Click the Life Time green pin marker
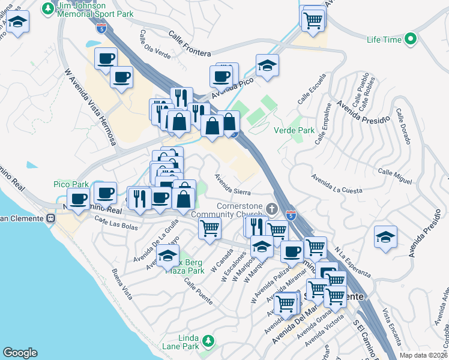pyautogui.click(x=411, y=40)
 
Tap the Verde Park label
pyautogui.click(x=294, y=130)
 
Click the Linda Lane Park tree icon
pyautogui.click(x=208, y=341)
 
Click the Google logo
pyautogui.click(x=20, y=353)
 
